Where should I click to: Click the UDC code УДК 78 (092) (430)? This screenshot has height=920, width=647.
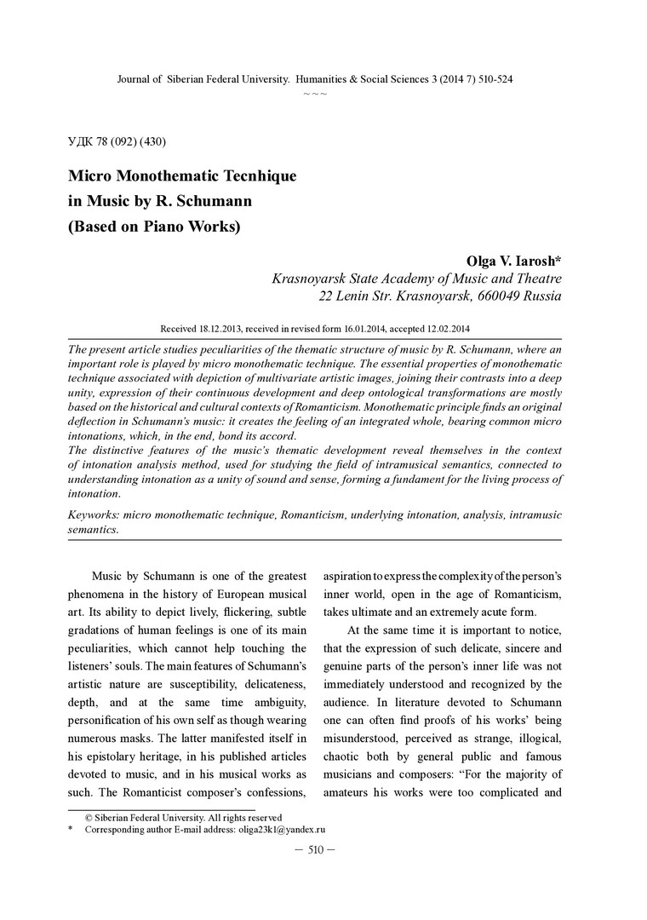(x=122, y=140)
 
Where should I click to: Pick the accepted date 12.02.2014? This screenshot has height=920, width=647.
(x=445, y=328)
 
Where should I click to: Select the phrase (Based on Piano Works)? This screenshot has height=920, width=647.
(x=154, y=227)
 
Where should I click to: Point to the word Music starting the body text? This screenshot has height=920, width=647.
(x=111, y=576)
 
